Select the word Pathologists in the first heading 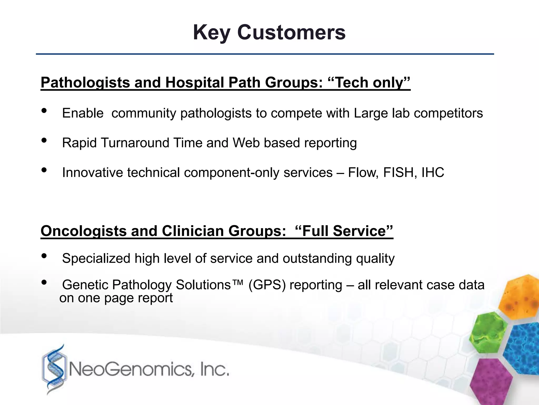tap(85, 83)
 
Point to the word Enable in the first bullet tap(83, 113)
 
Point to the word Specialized tap(96, 258)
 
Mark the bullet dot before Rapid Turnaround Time tap(44, 141)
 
